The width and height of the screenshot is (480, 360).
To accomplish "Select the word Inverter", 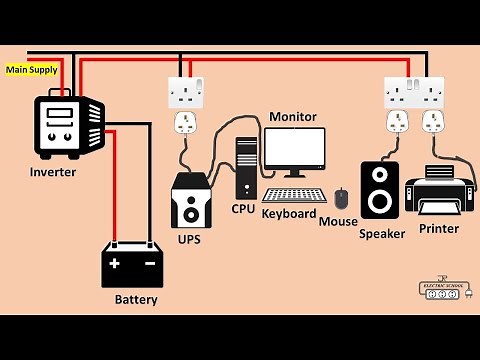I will (x=53, y=171).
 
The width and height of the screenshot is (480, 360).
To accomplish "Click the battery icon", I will (x=132, y=264).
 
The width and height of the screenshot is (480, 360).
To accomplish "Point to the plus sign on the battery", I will (x=115, y=264).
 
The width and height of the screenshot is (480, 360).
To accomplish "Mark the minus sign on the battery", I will (x=149, y=264).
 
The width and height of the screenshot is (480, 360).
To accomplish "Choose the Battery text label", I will (x=135, y=299).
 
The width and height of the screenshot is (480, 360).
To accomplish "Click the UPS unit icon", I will (x=191, y=203).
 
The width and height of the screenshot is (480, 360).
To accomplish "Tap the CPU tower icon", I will (x=246, y=167).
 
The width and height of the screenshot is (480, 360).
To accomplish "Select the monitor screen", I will (x=294, y=150).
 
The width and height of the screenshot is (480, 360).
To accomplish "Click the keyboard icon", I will (x=294, y=195).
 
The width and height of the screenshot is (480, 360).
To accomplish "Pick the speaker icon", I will (x=379, y=190).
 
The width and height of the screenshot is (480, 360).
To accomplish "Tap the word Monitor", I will (x=293, y=117).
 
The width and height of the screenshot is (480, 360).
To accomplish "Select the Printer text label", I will (x=439, y=229).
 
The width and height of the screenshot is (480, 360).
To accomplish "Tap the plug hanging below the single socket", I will (x=185, y=125).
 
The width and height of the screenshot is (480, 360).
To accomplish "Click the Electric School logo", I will (x=444, y=288).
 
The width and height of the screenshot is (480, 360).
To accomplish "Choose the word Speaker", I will (x=382, y=234).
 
